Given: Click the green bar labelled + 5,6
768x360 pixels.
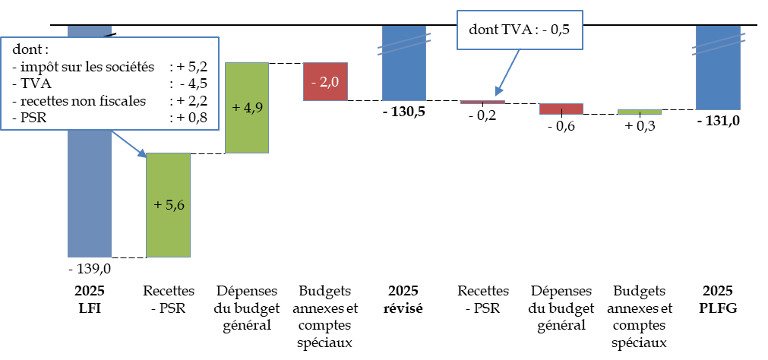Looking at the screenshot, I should coord(168,204).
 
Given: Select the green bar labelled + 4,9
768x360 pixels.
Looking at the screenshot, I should coord(247,107).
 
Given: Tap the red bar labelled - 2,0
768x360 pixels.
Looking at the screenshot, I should coord(325,81).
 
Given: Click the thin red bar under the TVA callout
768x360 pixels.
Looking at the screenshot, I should coord(482,102).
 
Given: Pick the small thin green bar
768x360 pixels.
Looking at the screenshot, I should coord(640,112).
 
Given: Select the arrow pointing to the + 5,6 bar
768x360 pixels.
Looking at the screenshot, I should coord(129,144).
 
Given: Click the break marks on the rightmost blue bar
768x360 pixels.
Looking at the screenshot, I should coord(718,44).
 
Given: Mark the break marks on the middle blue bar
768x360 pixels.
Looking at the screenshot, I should coord(404,43).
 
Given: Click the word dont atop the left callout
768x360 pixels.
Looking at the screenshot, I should coord(30,49).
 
